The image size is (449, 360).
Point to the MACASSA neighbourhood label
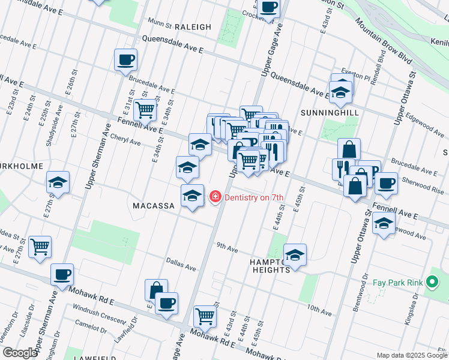pos(153,206)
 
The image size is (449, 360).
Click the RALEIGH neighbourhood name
pos(193,27)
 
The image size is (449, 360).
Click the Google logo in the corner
pos(19,353)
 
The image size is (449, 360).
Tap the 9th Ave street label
pos(228,246)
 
